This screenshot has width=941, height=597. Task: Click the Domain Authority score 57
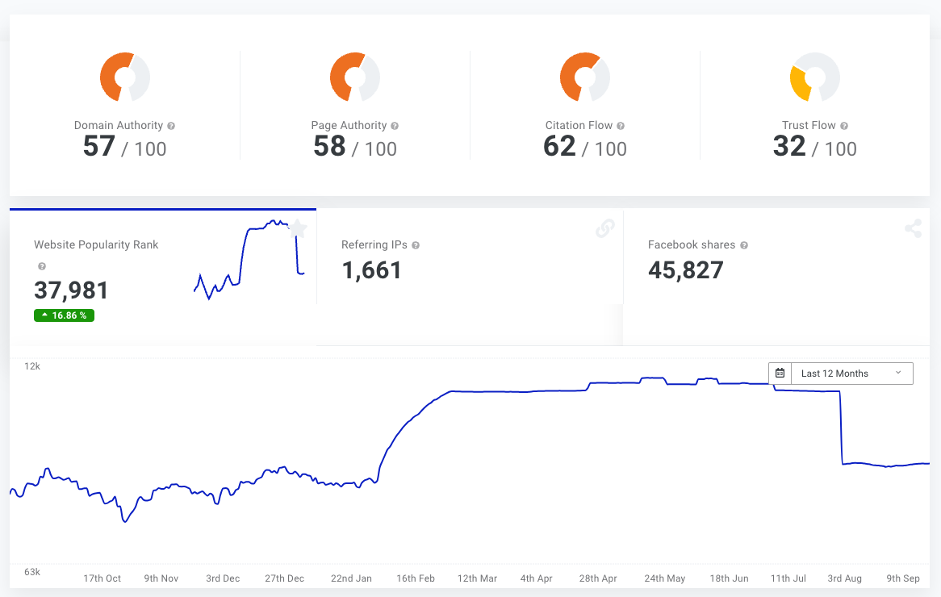[99, 146]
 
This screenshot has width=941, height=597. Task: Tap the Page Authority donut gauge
[355, 77]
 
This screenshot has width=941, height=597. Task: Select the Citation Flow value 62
[559, 146]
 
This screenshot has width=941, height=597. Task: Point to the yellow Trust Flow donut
[814, 77]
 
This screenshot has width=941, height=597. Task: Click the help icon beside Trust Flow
[844, 126]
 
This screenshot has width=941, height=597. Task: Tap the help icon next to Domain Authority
[171, 126]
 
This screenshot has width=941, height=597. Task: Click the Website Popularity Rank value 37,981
[71, 290]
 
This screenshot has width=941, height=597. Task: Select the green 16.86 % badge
[64, 315]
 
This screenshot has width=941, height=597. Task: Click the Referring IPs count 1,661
[371, 270]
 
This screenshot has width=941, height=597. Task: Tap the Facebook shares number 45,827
[685, 270]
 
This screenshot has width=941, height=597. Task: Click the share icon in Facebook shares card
[913, 229]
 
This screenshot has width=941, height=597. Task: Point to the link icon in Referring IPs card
[604, 229]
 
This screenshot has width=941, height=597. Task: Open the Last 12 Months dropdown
[851, 374]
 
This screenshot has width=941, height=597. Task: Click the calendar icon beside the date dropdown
[780, 374]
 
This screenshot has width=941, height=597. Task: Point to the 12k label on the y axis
[32, 366]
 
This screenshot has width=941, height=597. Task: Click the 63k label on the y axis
[32, 572]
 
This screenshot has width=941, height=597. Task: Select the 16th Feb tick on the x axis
[416, 578]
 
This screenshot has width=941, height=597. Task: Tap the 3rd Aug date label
[845, 578]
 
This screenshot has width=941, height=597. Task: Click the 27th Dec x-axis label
[284, 578]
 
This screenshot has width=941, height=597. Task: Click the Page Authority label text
[349, 126]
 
